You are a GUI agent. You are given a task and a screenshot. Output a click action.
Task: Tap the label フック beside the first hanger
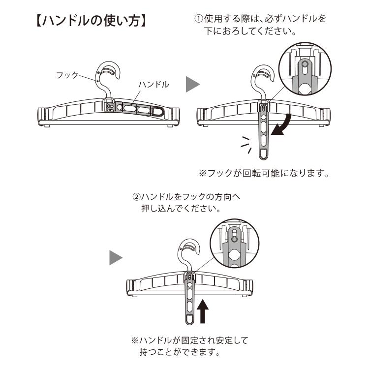(x=67, y=75)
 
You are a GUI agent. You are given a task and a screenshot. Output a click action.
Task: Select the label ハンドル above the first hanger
(x=154, y=85)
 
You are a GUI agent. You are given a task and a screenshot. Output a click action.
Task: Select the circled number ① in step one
(x=198, y=20)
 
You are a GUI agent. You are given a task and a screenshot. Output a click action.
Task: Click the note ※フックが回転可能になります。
(x=263, y=174)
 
